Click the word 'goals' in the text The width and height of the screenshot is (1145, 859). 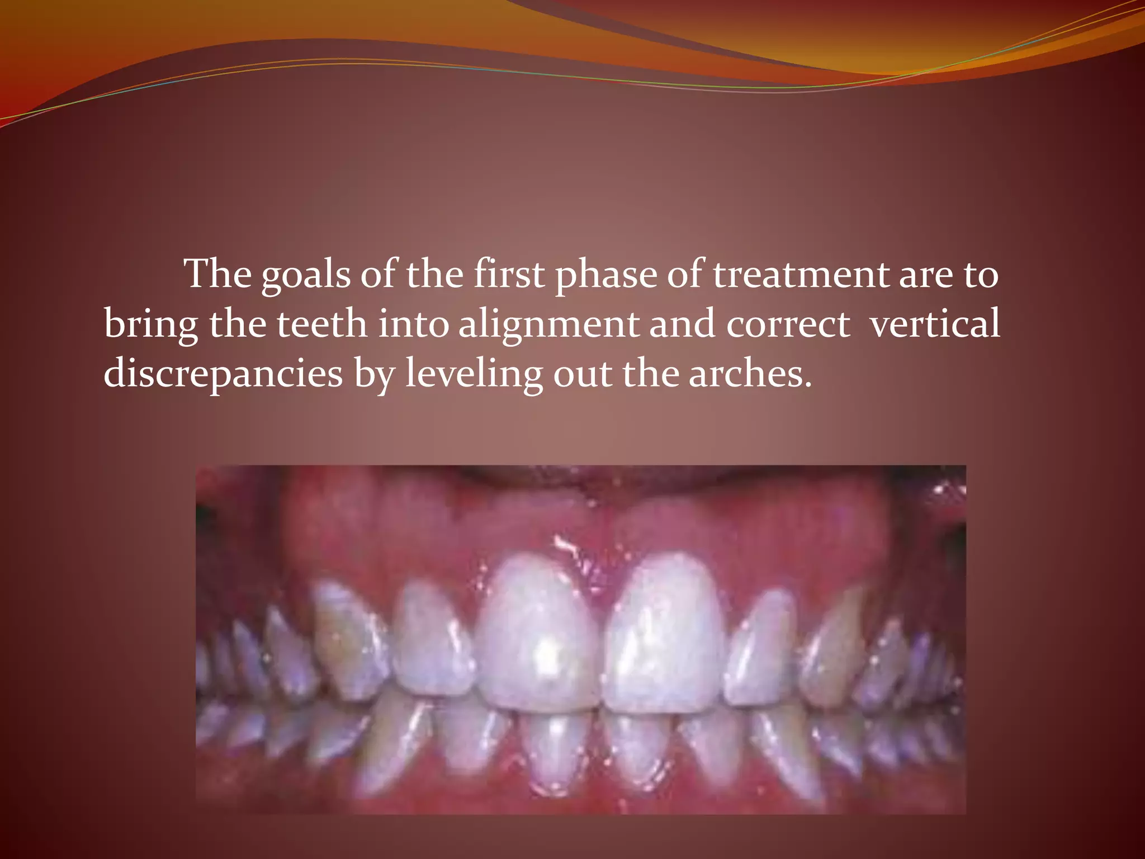pyautogui.click(x=306, y=275)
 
